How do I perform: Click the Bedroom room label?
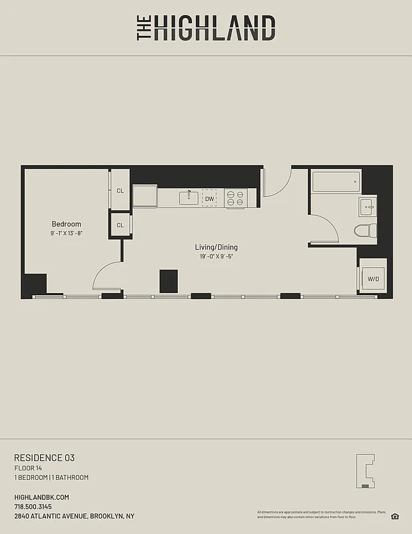click(66, 224)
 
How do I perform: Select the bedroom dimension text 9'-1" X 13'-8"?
click(66, 234)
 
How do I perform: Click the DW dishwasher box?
click(209, 198)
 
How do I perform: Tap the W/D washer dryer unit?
click(372, 278)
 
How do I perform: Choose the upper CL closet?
click(120, 190)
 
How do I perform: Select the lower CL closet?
click(120, 225)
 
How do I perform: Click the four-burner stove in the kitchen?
click(235, 198)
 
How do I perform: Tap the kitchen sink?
click(189, 198)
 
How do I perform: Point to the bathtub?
click(336, 182)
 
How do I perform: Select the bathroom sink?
click(367, 207)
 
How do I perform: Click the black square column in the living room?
click(169, 280)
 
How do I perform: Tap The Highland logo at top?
click(206, 28)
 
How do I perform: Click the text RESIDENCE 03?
click(44, 458)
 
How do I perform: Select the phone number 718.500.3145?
click(37, 507)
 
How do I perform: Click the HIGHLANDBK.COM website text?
click(41, 497)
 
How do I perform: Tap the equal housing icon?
click(395, 516)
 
